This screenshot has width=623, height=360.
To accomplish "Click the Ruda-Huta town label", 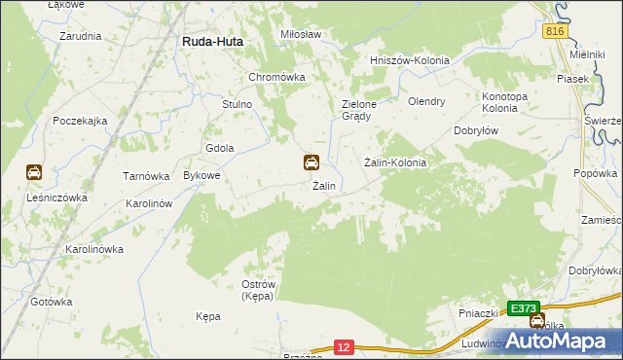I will coord(213,42).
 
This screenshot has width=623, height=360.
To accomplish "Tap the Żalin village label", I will coord(324,186).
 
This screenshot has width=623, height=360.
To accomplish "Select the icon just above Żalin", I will coord(311,162).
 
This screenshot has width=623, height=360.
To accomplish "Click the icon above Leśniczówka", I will coord(34,173).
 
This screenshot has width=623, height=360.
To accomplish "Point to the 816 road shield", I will coord(555,32).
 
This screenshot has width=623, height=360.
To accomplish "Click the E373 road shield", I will coord(524,308).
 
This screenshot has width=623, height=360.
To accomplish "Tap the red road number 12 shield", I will coord(342,345).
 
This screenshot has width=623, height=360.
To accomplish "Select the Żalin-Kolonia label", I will coord(395,162).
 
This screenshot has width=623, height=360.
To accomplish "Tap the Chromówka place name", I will coord(277,77).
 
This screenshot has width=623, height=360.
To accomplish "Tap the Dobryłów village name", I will coord(477,130).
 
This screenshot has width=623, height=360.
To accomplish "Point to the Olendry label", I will coord(426,101).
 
